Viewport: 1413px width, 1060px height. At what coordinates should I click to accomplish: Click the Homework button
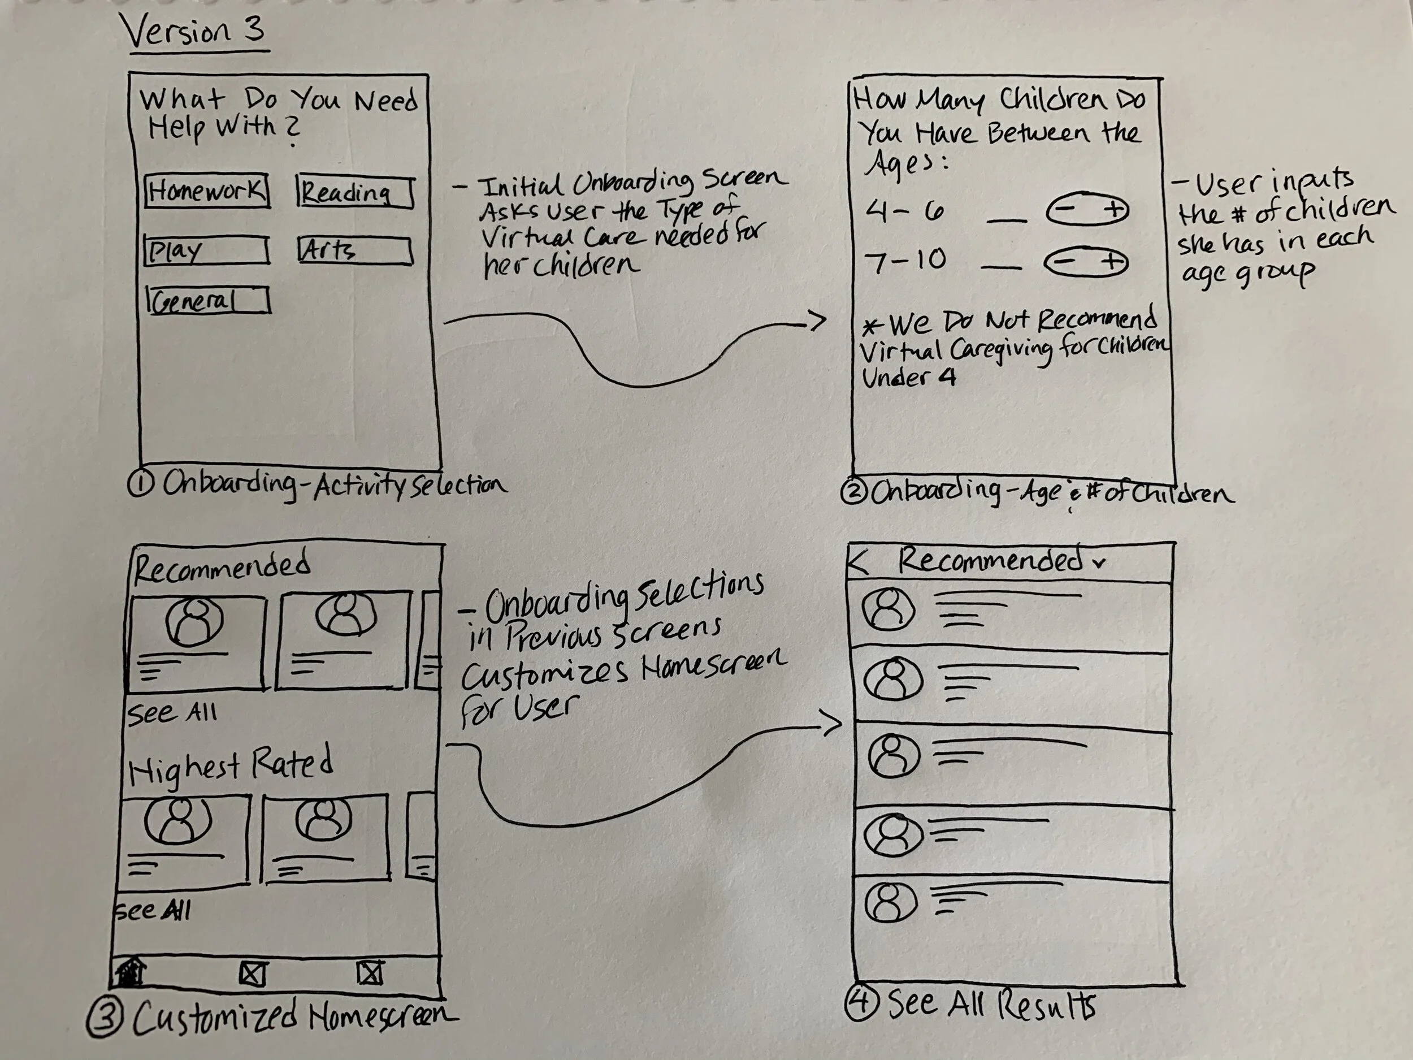(x=207, y=191)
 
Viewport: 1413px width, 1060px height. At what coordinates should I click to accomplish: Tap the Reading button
(x=355, y=192)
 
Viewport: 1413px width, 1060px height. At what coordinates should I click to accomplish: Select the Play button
(x=206, y=250)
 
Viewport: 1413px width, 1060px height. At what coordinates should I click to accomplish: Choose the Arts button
(x=355, y=250)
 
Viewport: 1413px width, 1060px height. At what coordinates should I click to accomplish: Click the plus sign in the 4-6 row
(x=1113, y=210)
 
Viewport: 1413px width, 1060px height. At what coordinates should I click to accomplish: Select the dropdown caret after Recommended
(x=1098, y=564)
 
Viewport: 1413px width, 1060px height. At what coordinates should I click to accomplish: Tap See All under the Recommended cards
(x=172, y=712)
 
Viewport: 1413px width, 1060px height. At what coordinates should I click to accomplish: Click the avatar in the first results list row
(x=888, y=609)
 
